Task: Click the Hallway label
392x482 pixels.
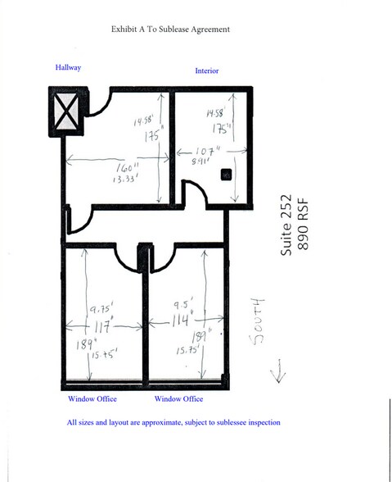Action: (x=68, y=67)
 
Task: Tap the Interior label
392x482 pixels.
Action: (x=206, y=71)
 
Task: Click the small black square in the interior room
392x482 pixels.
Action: (x=226, y=174)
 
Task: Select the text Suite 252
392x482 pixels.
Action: (x=286, y=225)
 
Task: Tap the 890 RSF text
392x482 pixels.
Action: (x=304, y=225)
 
